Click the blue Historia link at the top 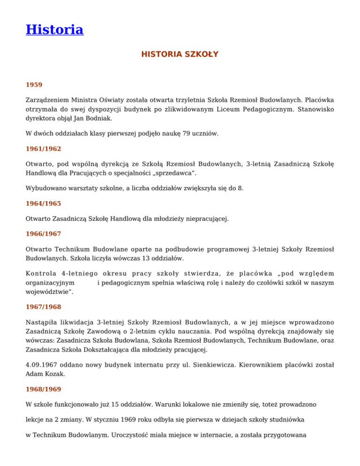tap(54, 30)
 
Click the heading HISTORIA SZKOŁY tap(180, 54)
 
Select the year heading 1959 tap(34, 85)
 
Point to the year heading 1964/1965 tap(43, 204)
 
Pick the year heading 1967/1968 tap(43, 307)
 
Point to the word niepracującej tap(207, 218)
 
